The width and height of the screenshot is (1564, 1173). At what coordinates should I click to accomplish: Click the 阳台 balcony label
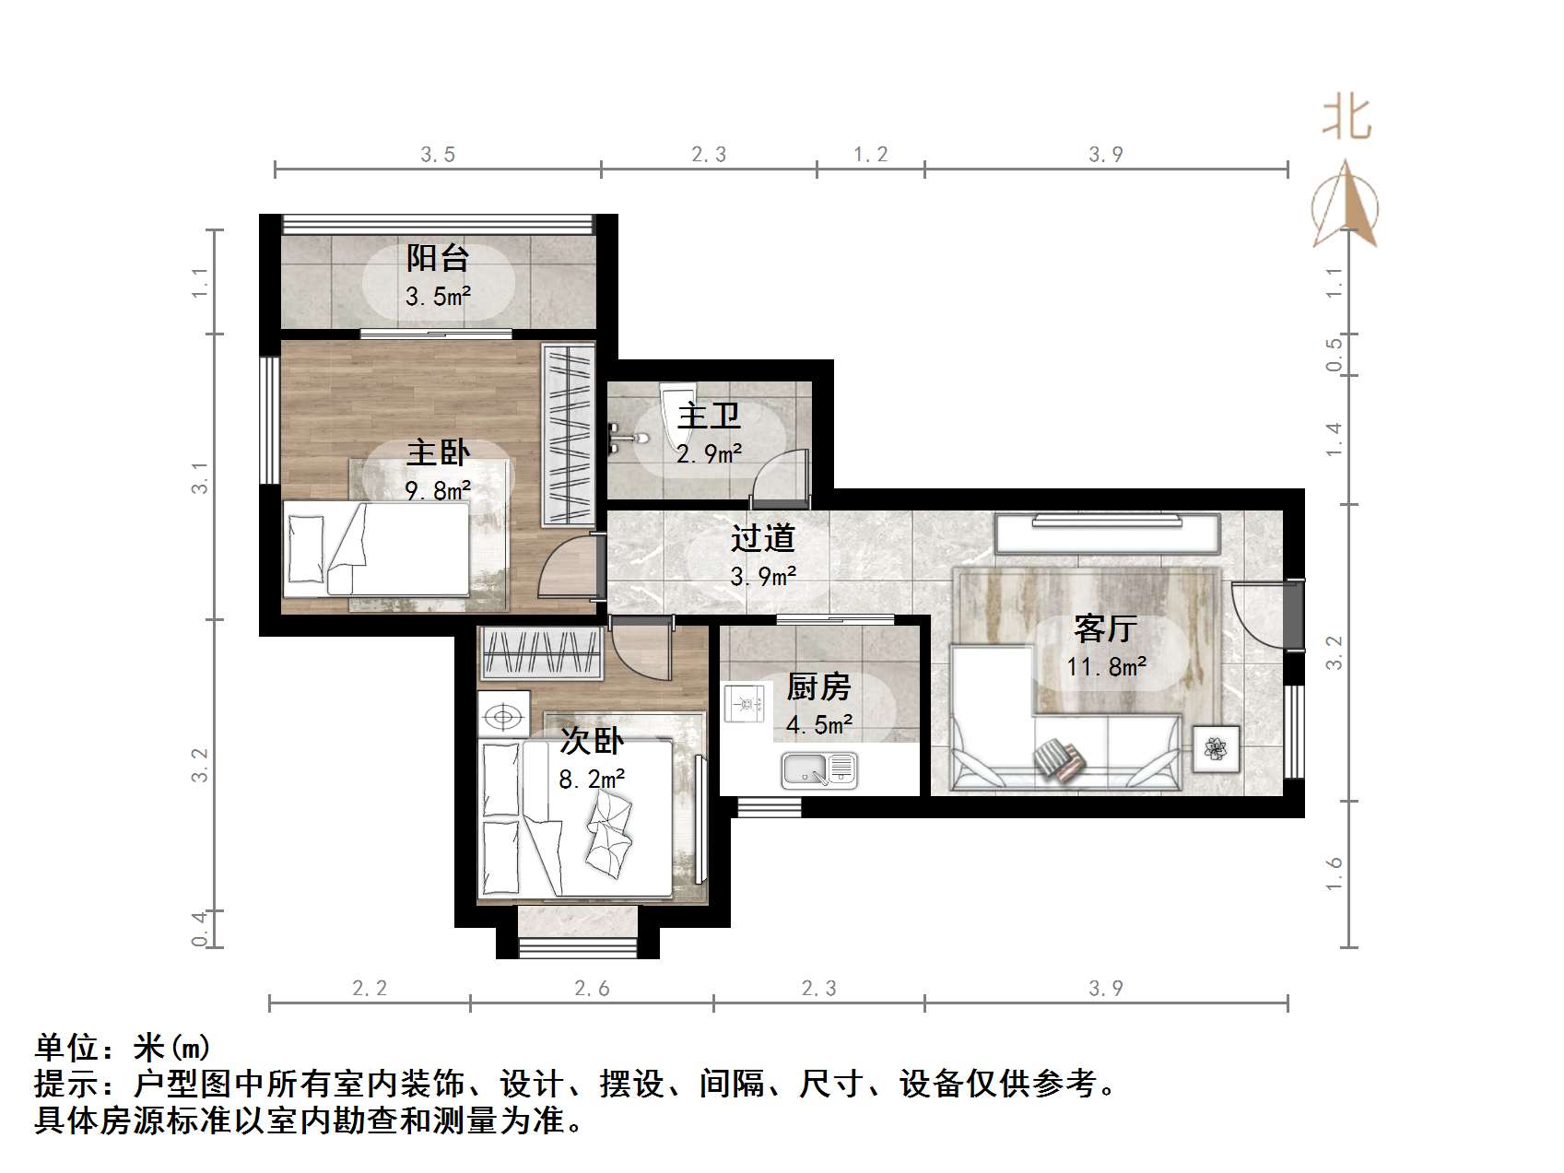point(438,258)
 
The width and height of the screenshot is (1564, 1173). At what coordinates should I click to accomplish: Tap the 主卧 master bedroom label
point(439,452)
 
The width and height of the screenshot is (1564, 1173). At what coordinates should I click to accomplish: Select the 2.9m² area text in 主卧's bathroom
point(710,454)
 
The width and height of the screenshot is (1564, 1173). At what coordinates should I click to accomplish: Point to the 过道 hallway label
point(762,538)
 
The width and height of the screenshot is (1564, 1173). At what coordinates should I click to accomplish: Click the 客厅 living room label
point(1105,629)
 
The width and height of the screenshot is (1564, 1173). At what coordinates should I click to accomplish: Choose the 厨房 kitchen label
point(817,687)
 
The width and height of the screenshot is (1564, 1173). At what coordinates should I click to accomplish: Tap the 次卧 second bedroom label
point(592,741)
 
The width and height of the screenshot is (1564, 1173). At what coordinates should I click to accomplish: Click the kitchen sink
point(819,770)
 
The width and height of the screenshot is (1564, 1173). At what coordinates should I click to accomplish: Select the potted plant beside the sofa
point(1216,749)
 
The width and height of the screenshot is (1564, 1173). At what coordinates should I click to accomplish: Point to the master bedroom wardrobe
point(568,435)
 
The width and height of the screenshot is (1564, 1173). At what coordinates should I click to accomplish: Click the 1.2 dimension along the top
point(870,155)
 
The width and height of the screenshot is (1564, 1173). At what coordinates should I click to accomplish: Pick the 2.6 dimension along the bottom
point(592,989)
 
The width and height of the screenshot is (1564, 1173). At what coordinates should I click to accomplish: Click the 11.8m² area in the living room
point(1106,666)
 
